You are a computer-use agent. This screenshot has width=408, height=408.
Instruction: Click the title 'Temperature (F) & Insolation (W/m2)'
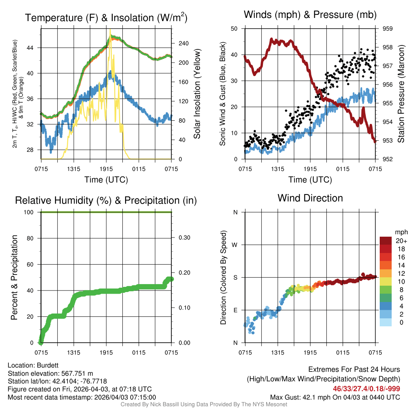(x=106, y=18)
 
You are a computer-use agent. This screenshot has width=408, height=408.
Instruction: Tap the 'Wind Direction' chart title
(x=310, y=198)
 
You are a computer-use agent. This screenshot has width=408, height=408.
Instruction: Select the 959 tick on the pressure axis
(x=388, y=29)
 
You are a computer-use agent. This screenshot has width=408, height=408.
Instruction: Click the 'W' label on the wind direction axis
(x=235, y=245)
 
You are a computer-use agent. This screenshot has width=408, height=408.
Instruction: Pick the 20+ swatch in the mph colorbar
(x=386, y=240)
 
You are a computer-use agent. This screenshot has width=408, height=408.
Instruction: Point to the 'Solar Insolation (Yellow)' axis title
(x=197, y=94)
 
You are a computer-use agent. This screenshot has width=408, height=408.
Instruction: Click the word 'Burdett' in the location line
(x=47, y=365)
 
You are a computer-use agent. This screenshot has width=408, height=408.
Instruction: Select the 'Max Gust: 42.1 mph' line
(x=335, y=397)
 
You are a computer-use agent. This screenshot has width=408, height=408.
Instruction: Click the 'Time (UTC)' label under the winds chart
(x=310, y=180)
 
